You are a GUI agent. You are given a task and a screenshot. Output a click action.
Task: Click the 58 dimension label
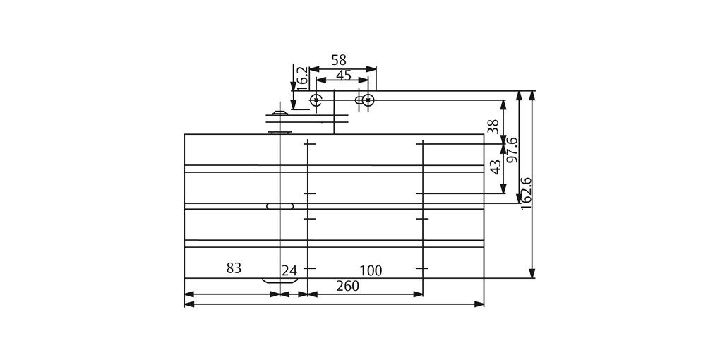pos(339,60)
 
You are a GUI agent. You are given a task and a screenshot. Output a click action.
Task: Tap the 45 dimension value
pos(344,76)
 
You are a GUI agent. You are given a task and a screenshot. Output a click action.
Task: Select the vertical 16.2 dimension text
pos(301,77)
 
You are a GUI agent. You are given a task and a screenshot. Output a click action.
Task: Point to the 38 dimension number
pos(494,126)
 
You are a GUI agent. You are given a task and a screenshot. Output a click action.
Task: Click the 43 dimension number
pos(496,167)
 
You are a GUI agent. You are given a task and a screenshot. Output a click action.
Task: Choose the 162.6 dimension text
pos(526,193)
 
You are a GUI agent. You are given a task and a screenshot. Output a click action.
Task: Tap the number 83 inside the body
pos(234,268)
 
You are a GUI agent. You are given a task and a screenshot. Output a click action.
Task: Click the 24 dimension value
pos(289,270)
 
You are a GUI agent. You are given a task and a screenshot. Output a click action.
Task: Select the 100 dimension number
pos(370,270)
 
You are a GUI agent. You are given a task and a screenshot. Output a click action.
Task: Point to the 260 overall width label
pos(347,286)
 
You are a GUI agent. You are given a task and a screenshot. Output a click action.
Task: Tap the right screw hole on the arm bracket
pos(367,100)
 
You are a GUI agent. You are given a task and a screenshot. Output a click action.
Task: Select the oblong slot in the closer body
pos(280,206)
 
